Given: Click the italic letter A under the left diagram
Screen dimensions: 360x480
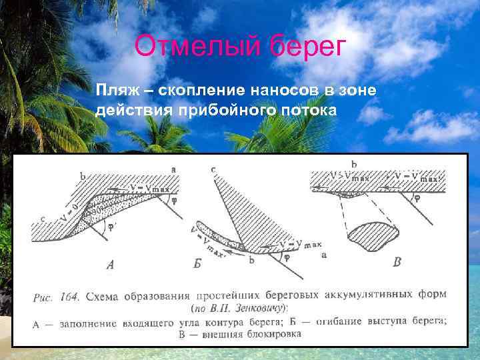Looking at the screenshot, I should tap(111, 265).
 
